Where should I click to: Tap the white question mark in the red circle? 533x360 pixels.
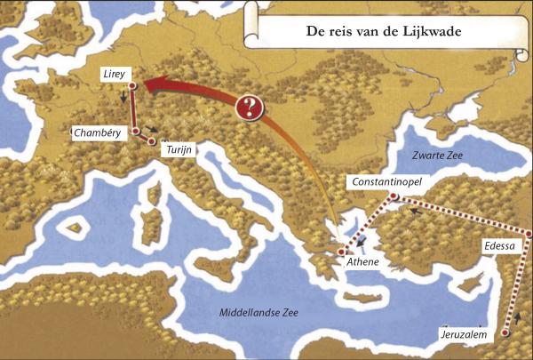(x=252, y=108)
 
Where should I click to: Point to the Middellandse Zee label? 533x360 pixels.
(x=260, y=313)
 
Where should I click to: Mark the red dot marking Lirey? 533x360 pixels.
(x=131, y=86)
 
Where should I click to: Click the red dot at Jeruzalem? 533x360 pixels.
(x=505, y=333)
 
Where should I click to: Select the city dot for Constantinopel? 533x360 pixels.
(x=394, y=196)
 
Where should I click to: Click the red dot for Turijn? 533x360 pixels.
(x=154, y=140)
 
